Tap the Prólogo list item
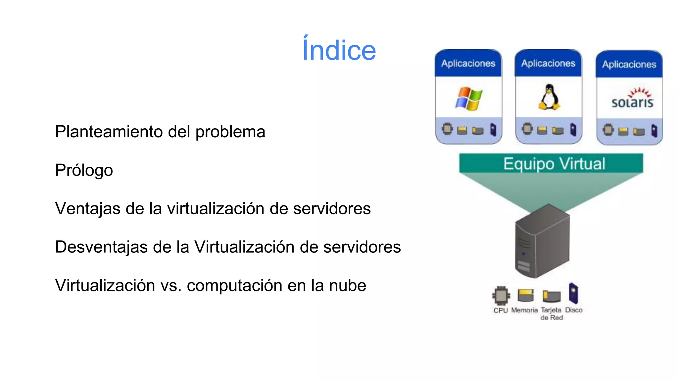click(x=84, y=170)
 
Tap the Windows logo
click(x=468, y=99)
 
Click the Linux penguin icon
click(x=549, y=97)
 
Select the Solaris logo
click(x=632, y=99)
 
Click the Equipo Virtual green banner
click(x=551, y=163)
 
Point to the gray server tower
click(x=542, y=241)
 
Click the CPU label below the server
click(x=500, y=311)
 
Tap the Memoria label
click(x=524, y=310)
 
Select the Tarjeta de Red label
click(x=551, y=314)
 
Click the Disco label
click(x=574, y=310)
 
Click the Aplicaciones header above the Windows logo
click(x=468, y=63)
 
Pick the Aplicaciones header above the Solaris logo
click(x=629, y=64)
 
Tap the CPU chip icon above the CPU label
click(x=501, y=295)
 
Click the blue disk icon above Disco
click(x=573, y=293)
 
